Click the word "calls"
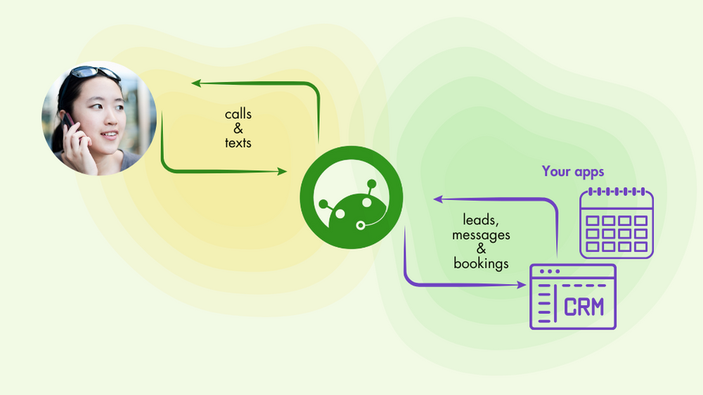[x=238, y=114]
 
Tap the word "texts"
[x=238, y=143]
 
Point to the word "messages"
[x=481, y=235]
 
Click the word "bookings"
[x=481, y=264]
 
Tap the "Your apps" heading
[x=573, y=171]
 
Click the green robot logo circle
[x=351, y=199]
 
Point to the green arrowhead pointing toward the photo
[x=197, y=84]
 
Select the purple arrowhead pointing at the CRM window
[x=522, y=285]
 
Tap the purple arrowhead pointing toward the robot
[x=438, y=200]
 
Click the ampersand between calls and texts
[x=238, y=129]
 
